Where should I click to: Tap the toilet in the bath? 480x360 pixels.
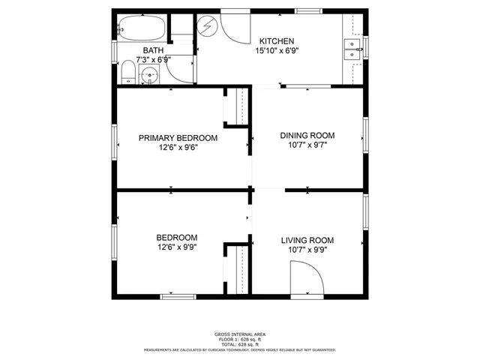[x=127, y=73]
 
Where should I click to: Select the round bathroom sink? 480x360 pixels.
[x=151, y=75]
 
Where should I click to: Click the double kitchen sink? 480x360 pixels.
[x=351, y=49]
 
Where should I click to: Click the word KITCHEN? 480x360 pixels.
[x=276, y=41]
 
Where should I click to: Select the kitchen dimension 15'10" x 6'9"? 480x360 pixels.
[x=276, y=52]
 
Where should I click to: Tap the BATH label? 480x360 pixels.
[x=153, y=50]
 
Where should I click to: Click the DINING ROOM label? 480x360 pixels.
[x=307, y=136]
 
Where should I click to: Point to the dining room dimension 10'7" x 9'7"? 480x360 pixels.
[x=307, y=145]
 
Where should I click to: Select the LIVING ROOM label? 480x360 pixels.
[x=307, y=241]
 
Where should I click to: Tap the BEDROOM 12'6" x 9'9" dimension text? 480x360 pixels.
[x=178, y=247]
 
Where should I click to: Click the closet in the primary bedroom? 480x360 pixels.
[x=240, y=106]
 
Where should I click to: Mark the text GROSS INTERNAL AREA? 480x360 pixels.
[x=240, y=334]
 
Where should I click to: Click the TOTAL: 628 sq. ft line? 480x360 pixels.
[x=240, y=343]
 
